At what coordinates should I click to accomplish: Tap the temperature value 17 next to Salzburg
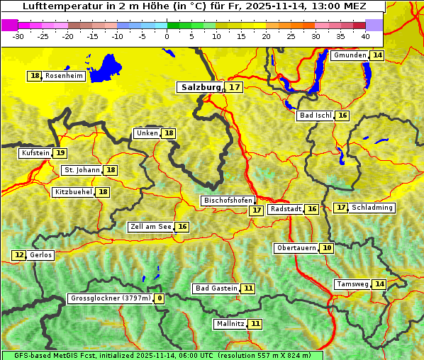(x=235, y=87)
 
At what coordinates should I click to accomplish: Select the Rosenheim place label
(x=64, y=76)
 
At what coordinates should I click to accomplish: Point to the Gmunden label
(x=350, y=55)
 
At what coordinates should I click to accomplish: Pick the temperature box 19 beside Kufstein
(x=60, y=152)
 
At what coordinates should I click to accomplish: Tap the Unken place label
(x=147, y=133)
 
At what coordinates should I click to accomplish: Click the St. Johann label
(x=82, y=170)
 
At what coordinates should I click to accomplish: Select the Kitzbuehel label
(x=73, y=192)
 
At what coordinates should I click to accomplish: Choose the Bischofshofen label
(x=228, y=201)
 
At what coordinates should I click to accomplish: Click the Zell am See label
(x=150, y=227)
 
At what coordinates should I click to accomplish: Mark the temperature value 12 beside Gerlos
(x=19, y=255)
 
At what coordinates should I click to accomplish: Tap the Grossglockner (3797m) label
(x=111, y=298)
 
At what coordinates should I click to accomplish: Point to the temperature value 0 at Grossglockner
(x=160, y=298)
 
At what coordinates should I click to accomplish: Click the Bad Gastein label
(x=216, y=288)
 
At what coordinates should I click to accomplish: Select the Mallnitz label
(x=230, y=324)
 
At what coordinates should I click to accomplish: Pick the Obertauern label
(x=296, y=248)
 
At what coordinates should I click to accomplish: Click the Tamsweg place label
(x=352, y=284)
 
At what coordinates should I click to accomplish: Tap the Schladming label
(x=372, y=208)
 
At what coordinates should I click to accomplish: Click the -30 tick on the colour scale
(x=18, y=35)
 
